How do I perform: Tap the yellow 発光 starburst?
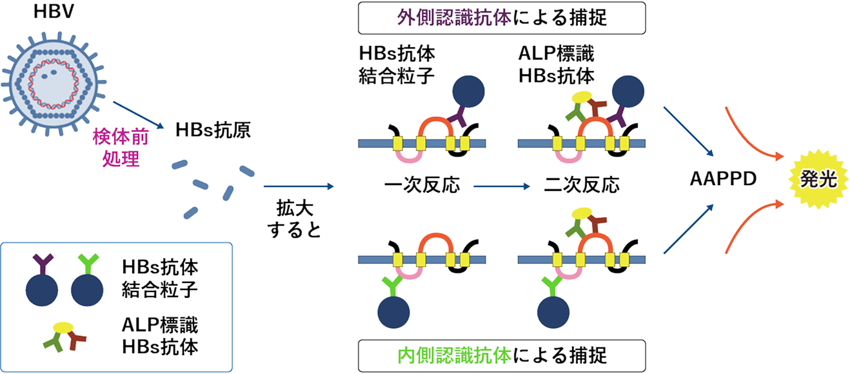point(818,179)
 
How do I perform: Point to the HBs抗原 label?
point(213,132)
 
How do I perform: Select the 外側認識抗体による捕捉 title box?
point(502,18)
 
